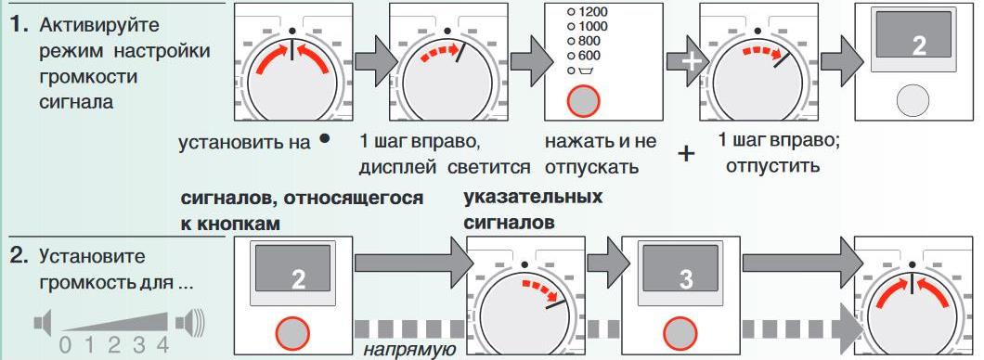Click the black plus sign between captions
(687, 153)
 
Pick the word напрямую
(408, 349)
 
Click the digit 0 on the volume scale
(64, 347)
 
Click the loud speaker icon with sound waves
(190, 324)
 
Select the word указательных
(531, 198)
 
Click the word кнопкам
(237, 225)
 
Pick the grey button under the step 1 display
(913, 99)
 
